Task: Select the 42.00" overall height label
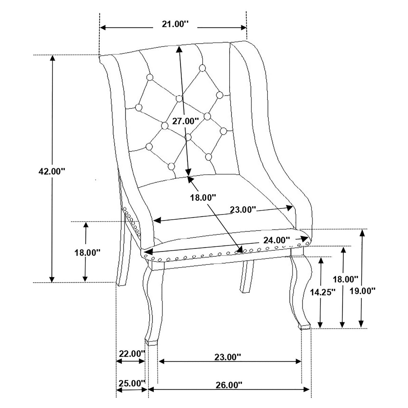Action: pos(51,171)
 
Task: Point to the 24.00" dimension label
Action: pos(276,240)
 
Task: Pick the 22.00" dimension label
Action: pos(131,354)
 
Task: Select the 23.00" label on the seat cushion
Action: pos(243,210)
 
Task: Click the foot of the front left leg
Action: pos(151,342)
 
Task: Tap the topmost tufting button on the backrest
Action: pos(202,68)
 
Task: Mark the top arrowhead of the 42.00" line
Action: pos(52,58)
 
